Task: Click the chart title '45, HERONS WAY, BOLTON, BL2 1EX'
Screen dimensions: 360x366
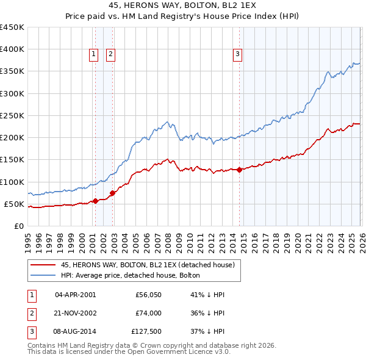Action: click(183, 7)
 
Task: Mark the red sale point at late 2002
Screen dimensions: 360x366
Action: click(113, 193)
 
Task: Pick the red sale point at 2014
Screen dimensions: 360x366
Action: click(239, 170)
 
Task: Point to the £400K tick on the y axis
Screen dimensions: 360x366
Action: click(12, 49)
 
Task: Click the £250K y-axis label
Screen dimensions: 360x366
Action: click(12, 115)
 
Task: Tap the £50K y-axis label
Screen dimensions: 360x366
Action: click(15, 204)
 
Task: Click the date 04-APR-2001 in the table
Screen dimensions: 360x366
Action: click(75, 295)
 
